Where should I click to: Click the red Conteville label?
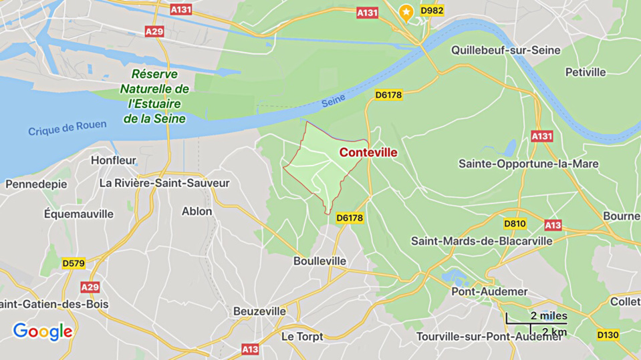click(x=368, y=152)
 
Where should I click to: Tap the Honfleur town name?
click(x=114, y=160)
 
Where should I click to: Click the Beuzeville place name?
click(x=259, y=311)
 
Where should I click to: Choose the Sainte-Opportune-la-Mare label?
click(x=528, y=164)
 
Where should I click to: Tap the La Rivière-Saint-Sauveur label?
click(x=164, y=182)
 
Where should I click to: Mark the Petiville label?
click(x=585, y=71)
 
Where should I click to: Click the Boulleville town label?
click(x=319, y=260)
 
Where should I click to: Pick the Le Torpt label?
click(x=302, y=335)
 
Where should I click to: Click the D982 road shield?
click(x=432, y=11)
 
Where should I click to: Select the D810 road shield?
click(x=515, y=224)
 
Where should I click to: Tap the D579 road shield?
click(x=74, y=263)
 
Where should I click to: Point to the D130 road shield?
click(x=608, y=334)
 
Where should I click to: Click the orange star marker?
click(x=406, y=11)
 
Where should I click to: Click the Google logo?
click(x=43, y=331)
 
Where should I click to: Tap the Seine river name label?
click(x=334, y=102)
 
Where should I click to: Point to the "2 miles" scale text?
click(x=549, y=316)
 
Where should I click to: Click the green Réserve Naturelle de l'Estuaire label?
click(x=154, y=96)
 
